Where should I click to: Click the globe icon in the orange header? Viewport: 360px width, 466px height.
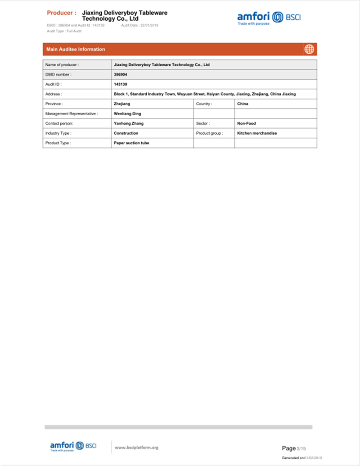pos(309,49)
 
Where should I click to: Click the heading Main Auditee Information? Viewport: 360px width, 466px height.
pos(76,49)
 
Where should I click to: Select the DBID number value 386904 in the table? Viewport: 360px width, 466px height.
pos(121,74)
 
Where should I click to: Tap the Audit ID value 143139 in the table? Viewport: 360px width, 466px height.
pos(121,84)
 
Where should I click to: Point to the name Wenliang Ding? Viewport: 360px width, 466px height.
pos(127,113)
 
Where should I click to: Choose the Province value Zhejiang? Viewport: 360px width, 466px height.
pos(122,104)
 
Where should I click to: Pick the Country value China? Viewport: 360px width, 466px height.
pos(243,104)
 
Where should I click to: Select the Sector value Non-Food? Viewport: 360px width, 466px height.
pos(246,123)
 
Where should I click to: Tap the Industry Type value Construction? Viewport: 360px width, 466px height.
pos(126,133)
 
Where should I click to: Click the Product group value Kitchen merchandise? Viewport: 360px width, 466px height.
pos(257,133)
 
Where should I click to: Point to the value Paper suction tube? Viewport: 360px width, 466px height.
pos(131,143)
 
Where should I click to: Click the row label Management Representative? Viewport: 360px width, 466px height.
pos(71,113)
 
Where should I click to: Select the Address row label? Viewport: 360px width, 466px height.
pos(54,94)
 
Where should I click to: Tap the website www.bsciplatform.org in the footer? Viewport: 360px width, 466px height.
pos(137,447)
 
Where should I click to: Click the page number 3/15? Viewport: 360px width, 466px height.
pos(301,448)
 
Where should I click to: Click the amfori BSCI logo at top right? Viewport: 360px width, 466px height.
pos(269,18)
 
